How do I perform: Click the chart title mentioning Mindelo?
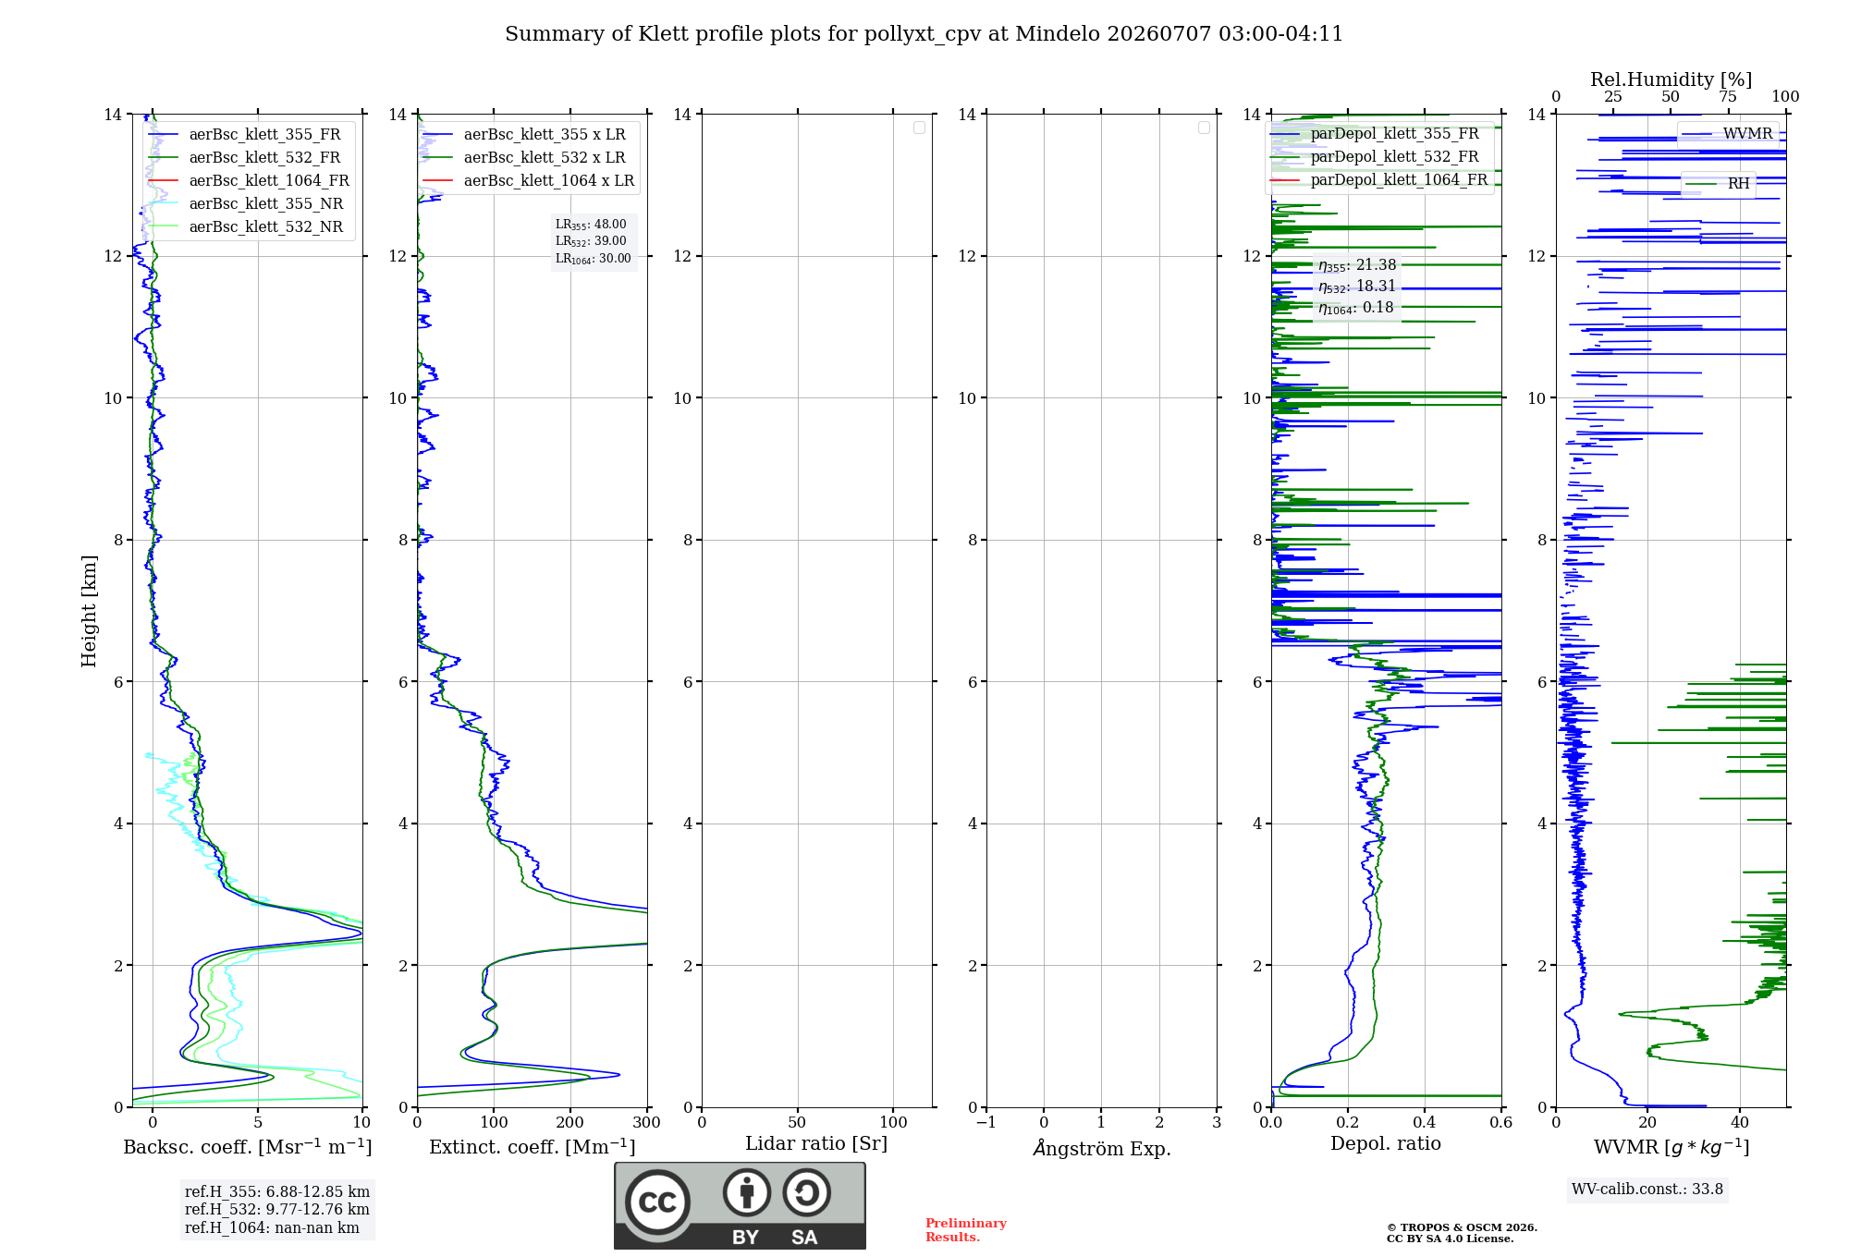tap(924, 34)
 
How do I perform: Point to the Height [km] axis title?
tap(89, 611)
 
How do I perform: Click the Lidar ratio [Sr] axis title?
tap(816, 1143)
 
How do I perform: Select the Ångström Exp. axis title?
tap(1102, 1148)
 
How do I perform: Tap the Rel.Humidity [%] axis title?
tap(1671, 79)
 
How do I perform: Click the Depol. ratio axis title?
tap(1386, 1143)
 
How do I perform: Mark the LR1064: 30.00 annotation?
tap(594, 259)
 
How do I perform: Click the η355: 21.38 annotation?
tap(1357, 265)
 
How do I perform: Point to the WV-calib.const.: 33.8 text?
tap(1647, 1189)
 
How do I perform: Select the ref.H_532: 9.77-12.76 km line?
tap(277, 1209)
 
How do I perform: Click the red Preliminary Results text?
tap(966, 1230)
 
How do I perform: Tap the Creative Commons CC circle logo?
tap(657, 1202)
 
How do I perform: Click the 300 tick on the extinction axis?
tap(647, 1122)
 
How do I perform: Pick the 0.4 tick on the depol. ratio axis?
tap(1425, 1122)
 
